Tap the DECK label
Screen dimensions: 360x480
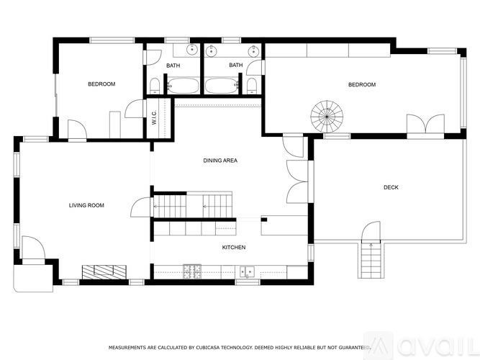click(x=391, y=187)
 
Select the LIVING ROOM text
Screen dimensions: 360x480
click(x=86, y=205)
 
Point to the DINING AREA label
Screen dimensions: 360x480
click(x=219, y=161)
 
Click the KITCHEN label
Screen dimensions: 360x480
click(x=233, y=248)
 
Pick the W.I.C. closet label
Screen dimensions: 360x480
click(x=154, y=116)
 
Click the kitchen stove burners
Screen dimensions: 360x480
click(x=193, y=271)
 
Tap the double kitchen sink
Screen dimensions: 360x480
click(x=246, y=271)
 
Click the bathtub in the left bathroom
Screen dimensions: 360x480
click(x=182, y=86)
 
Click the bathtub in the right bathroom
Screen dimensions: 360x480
click(x=222, y=86)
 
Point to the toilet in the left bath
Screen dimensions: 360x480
click(x=155, y=86)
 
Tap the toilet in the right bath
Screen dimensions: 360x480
click(x=250, y=86)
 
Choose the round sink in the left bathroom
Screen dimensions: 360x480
click(x=192, y=50)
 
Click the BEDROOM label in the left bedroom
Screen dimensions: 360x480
click(x=101, y=84)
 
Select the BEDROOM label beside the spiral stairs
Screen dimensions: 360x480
click(x=362, y=84)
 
